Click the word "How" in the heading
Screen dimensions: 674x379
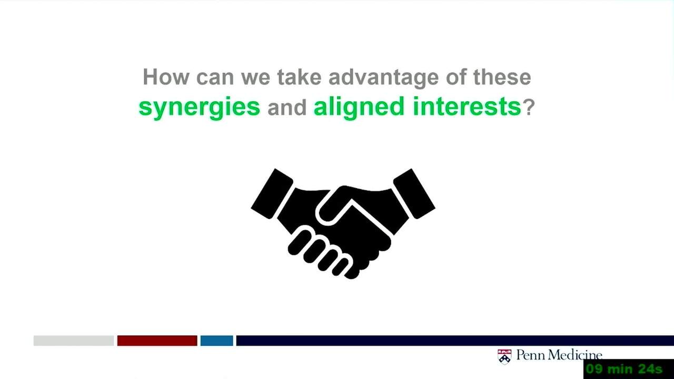(166, 77)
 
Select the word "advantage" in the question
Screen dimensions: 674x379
(383, 78)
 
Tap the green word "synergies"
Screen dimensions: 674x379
(199, 108)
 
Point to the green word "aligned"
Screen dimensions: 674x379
(359, 108)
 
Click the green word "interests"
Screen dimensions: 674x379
(467, 106)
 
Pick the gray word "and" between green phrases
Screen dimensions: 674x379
(287, 107)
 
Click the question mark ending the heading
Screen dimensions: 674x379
(529, 107)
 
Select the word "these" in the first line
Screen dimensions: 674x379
(502, 77)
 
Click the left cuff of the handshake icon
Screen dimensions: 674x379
(272, 194)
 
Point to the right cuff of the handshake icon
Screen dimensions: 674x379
(414, 194)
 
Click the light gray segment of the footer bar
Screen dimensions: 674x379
(74, 341)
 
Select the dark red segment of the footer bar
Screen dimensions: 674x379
(157, 341)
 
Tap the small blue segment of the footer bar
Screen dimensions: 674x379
(216, 341)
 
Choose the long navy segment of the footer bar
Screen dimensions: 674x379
(455, 341)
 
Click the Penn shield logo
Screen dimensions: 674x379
(504, 357)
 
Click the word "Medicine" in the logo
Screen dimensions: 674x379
(576, 355)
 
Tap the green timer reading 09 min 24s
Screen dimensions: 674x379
(625, 369)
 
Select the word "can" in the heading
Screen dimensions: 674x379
(215, 78)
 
